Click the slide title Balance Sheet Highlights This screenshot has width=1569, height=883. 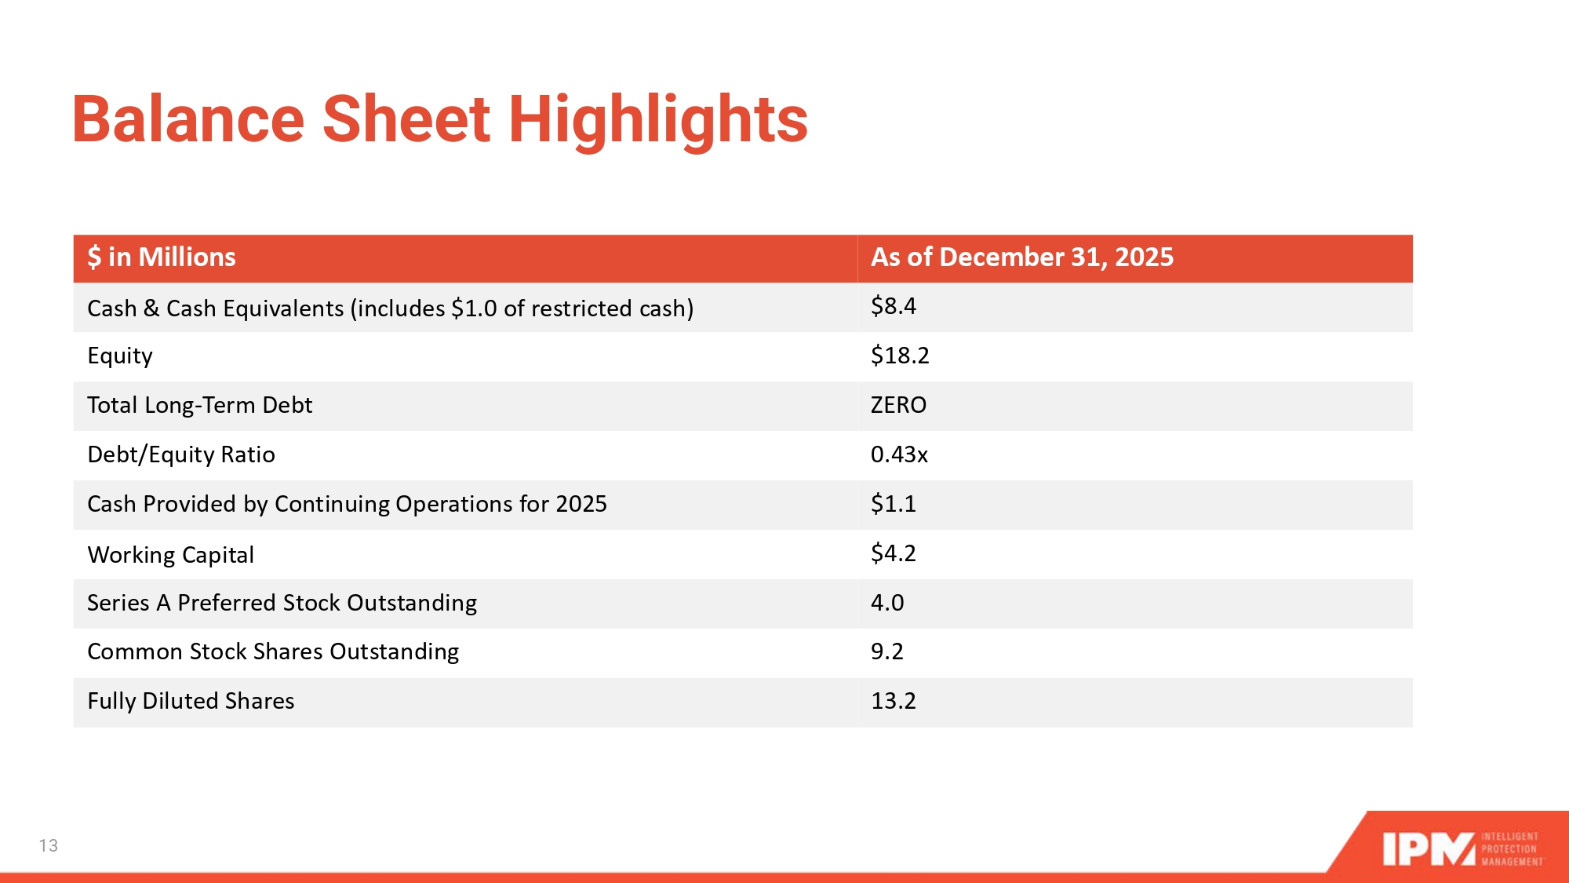coord(439,120)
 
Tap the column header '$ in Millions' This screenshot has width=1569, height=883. coord(162,257)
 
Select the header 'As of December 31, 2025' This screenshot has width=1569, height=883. coord(1022,257)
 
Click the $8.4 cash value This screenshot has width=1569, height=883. coord(894,306)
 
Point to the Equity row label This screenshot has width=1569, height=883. coord(120,356)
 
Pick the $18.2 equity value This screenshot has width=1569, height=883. coord(900,356)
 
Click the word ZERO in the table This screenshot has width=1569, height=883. coord(899,405)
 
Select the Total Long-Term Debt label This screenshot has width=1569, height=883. coord(200,406)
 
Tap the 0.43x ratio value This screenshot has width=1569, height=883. coord(899,454)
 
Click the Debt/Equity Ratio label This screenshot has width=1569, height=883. coord(181,455)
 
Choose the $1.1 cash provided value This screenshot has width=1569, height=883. coord(894,504)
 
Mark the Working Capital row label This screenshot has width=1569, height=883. coord(171,555)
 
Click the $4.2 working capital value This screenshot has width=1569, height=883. coord(894,553)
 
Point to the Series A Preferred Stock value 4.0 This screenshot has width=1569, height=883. coord(887,603)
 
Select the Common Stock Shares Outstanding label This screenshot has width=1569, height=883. coord(273,652)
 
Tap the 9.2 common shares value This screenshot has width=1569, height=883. coord(887,651)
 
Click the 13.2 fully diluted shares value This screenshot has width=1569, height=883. coord(894,701)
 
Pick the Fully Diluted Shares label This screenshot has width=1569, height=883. coord(191,701)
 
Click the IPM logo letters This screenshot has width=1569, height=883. coord(1429,849)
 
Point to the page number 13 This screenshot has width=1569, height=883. coord(49,845)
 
